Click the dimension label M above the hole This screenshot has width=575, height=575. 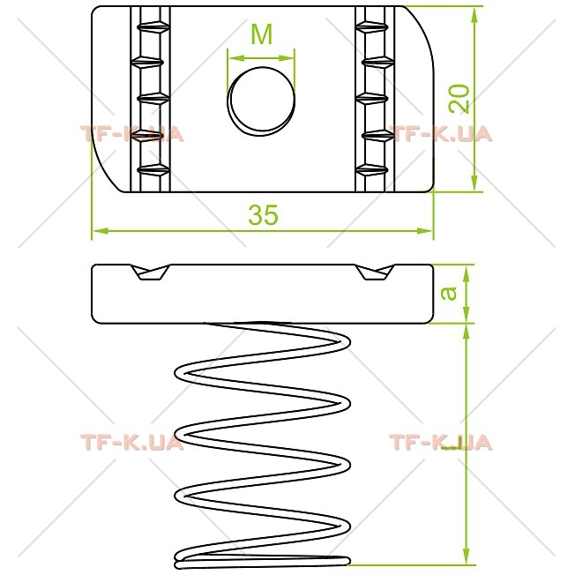click(262, 34)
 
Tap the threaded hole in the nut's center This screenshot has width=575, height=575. click(261, 101)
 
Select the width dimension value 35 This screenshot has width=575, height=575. click(264, 214)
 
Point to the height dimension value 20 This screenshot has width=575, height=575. click(459, 99)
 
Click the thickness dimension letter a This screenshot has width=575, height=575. click(449, 293)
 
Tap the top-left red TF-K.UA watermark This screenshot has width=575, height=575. click(132, 134)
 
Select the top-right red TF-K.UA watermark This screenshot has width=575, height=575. click(440, 134)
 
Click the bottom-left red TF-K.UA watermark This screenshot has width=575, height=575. click(132, 442)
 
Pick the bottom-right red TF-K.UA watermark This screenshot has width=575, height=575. click(440, 442)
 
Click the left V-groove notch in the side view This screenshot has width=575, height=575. click(150, 273)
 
